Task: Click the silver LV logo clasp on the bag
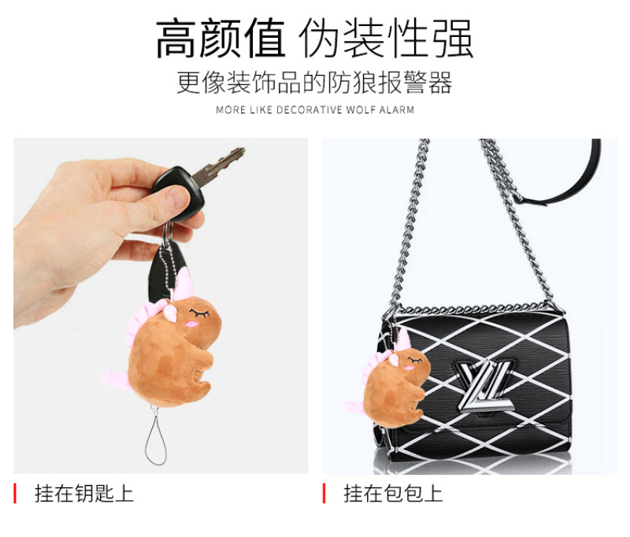[x=485, y=386]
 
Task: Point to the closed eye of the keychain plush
[x=200, y=313]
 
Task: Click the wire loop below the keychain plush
[x=155, y=435]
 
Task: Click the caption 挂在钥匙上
[x=84, y=494]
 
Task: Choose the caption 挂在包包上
[x=393, y=494]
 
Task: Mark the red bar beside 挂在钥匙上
[x=15, y=494]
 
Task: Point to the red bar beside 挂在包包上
[x=324, y=494]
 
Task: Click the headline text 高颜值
[x=220, y=39]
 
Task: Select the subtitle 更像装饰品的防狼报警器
[x=314, y=83]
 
